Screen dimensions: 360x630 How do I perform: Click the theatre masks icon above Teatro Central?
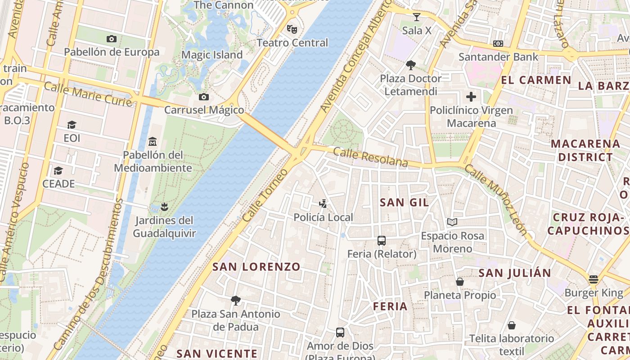click(x=292, y=29)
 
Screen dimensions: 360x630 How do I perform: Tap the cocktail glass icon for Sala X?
click(x=417, y=17)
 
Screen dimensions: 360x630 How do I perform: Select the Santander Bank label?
click(x=498, y=57)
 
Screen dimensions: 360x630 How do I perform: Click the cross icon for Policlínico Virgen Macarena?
click(x=471, y=97)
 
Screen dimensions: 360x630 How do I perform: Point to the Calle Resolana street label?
click(x=371, y=157)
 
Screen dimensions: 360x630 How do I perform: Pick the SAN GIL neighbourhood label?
click(x=405, y=202)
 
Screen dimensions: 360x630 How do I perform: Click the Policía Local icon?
click(x=323, y=204)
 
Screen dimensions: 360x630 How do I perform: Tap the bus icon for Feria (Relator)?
click(x=382, y=241)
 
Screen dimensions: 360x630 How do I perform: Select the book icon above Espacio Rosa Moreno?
click(x=452, y=222)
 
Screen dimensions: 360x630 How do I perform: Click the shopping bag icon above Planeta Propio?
click(x=460, y=282)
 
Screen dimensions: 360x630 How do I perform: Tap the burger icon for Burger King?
click(x=594, y=279)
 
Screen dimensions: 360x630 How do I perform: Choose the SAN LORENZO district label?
click(x=256, y=266)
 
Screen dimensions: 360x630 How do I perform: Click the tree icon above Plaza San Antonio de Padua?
click(x=235, y=300)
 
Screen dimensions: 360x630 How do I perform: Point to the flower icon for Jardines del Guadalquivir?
click(x=164, y=207)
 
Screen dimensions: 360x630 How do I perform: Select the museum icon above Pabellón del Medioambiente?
click(x=152, y=142)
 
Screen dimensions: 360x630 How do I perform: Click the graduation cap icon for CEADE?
click(x=58, y=171)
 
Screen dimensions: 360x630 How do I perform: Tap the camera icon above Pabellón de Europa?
click(x=112, y=39)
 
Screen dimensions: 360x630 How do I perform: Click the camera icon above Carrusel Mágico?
click(x=204, y=97)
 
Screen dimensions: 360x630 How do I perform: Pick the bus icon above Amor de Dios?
click(x=340, y=333)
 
